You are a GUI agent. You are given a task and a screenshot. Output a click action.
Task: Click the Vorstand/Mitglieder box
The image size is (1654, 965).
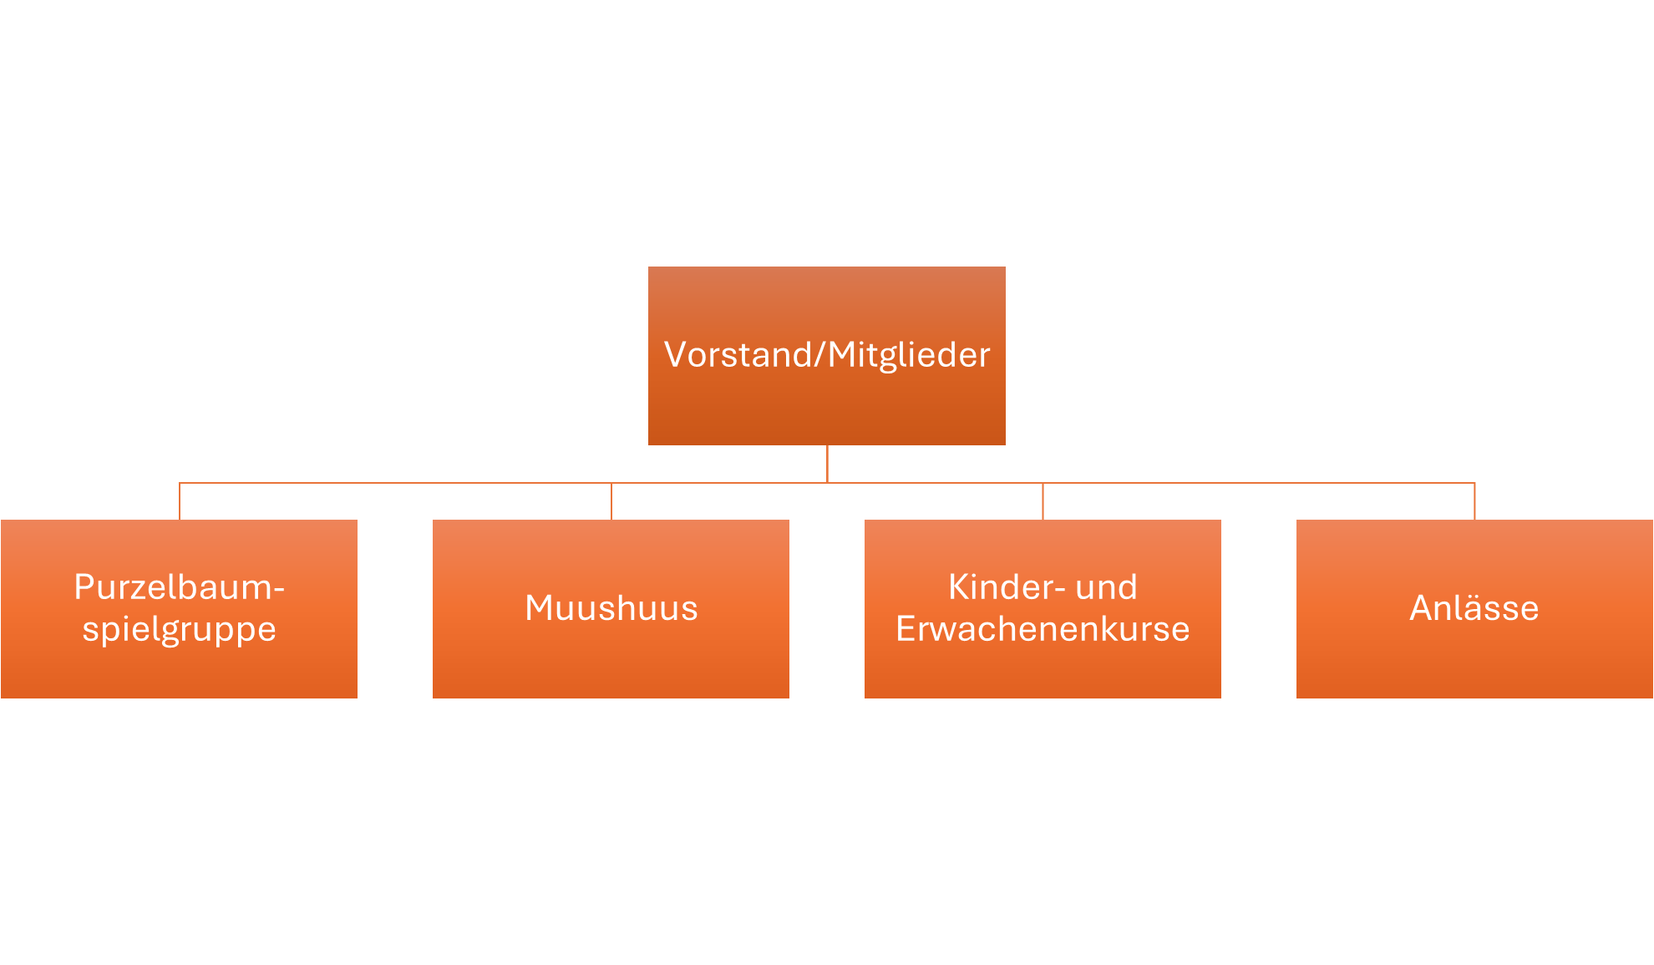pyautogui.click(x=827, y=356)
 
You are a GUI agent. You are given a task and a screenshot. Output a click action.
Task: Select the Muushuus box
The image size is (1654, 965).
pyautogui.click(x=611, y=609)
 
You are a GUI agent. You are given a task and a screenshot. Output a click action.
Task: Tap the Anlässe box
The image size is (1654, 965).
pyautogui.click(x=1474, y=609)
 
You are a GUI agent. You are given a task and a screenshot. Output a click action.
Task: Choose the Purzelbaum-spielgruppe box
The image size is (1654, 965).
pyautogui.click(x=179, y=609)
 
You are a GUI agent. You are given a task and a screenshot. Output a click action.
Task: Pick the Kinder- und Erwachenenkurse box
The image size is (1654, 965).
pyautogui.click(x=1043, y=609)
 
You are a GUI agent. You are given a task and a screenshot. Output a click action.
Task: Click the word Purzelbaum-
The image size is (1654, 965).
pyautogui.click(x=180, y=587)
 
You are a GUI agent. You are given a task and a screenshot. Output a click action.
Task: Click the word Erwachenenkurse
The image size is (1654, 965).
pyautogui.click(x=1043, y=629)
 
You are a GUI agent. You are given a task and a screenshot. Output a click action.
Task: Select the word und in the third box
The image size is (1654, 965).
pyautogui.click(x=1107, y=587)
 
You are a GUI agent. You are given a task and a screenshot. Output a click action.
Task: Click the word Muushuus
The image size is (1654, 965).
pyautogui.click(x=611, y=608)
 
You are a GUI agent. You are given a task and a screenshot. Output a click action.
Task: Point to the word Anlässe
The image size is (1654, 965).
pyautogui.click(x=1474, y=607)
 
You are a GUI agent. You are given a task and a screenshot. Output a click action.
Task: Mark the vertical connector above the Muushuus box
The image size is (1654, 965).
pyautogui.click(x=611, y=501)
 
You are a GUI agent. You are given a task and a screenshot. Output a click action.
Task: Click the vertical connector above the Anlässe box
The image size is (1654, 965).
pyautogui.click(x=1474, y=501)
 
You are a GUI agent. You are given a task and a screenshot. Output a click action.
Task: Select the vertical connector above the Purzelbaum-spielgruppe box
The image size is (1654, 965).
pyautogui.click(x=180, y=501)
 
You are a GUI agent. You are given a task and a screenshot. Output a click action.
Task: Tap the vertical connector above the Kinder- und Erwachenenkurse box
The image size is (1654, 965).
pyautogui.click(x=1043, y=501)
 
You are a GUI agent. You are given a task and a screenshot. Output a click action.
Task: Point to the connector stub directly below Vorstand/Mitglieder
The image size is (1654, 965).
pyautogui.click(x=827, y=464)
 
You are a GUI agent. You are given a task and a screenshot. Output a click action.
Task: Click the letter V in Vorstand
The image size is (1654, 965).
pyautogui.click(x=675, y=355)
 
